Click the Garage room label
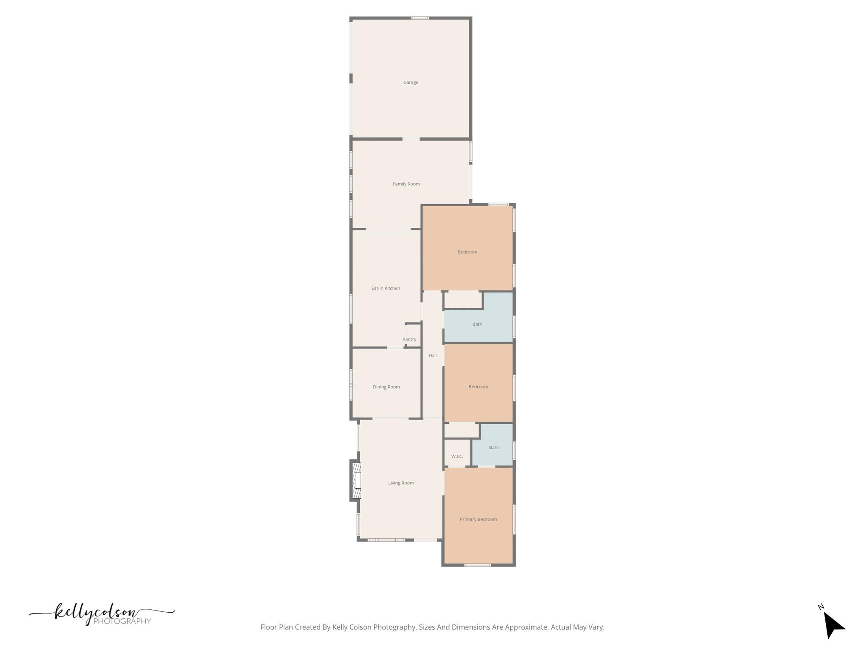click(x=411, y=82)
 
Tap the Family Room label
click(x=406, y=184)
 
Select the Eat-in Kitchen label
click(x=386, y=288)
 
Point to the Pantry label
click(x=409, y=339)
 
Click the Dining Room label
click(x=386, y=387)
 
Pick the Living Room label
click(x=401, y=483)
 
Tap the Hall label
click(x=432, y=356)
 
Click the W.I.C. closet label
click(x=457, y=456)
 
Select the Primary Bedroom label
click(x=478, y=519)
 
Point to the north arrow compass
click(x=832, y=624)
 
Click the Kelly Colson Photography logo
click(x=101, y=614)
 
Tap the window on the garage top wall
click(x=420, y=18)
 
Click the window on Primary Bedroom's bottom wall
click(x=477, y=564)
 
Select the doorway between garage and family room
click(x=411, y=139)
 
